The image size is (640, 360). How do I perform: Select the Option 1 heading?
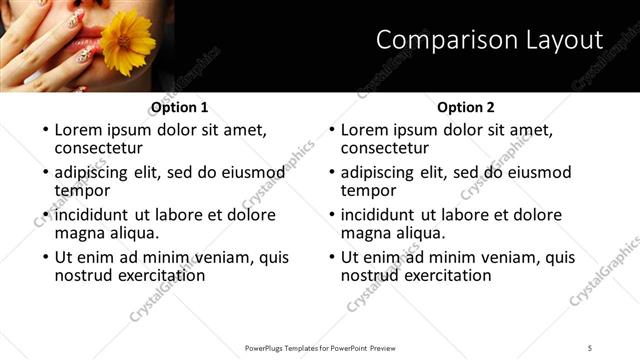(180, 107)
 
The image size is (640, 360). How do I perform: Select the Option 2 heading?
(466, 107)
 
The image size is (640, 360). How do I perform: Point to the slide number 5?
(590, 347)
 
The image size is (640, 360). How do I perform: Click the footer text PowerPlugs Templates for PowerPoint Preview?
(320, 347)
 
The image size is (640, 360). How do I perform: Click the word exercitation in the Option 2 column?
(444, 275)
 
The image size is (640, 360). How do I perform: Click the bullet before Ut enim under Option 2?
(332, 258)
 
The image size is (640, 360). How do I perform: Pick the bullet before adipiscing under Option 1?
(45, 173)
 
